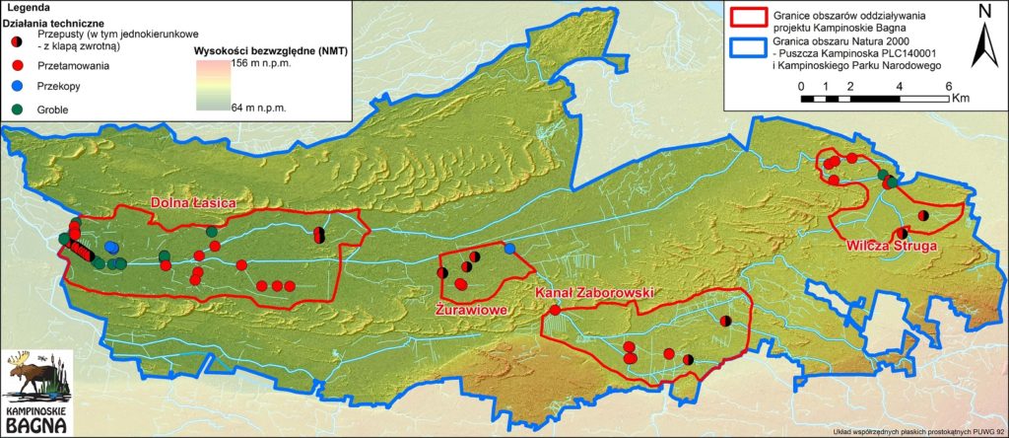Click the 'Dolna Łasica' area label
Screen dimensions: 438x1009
click(x=193, y=203)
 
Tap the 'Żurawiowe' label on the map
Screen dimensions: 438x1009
click(x=470, y=309)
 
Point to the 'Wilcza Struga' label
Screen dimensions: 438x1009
click(x=883, y=246)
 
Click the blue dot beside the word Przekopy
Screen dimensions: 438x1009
click(x=18, y=86)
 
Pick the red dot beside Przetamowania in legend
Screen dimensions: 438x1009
click(x=18, y=65)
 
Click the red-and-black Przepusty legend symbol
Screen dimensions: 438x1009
click(x=18, y=41)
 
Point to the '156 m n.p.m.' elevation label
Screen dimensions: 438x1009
click(x=259, y=62)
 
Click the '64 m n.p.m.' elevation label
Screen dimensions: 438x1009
click(x=259, y=107)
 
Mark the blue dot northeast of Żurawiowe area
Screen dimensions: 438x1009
click(x=509, y=249)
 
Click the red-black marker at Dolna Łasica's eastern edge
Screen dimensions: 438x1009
click(x=318, y=235)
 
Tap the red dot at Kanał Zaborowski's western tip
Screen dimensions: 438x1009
click(x=555, y=311)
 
